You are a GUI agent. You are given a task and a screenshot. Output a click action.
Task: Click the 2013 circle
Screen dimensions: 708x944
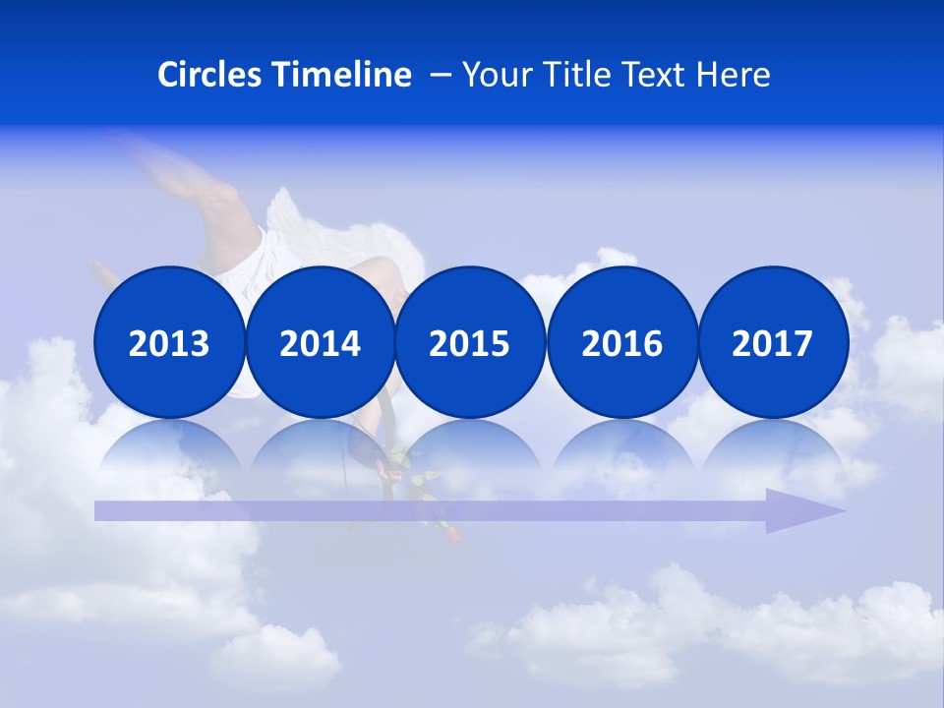[169, 343]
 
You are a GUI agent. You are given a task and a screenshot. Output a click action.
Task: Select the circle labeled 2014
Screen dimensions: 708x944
[320, 343]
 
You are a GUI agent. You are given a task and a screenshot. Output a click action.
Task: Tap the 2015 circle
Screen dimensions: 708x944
[470, 343]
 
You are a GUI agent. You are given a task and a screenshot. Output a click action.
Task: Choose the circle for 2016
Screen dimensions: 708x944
[621, 343]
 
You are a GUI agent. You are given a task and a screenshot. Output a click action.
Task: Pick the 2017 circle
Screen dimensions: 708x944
[773, 343]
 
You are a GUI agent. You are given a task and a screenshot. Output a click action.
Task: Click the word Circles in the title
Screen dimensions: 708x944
[211, 75]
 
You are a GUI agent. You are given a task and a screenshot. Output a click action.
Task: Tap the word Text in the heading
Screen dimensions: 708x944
[660, 75]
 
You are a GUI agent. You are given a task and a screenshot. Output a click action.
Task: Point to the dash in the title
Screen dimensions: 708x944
[441, 76]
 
